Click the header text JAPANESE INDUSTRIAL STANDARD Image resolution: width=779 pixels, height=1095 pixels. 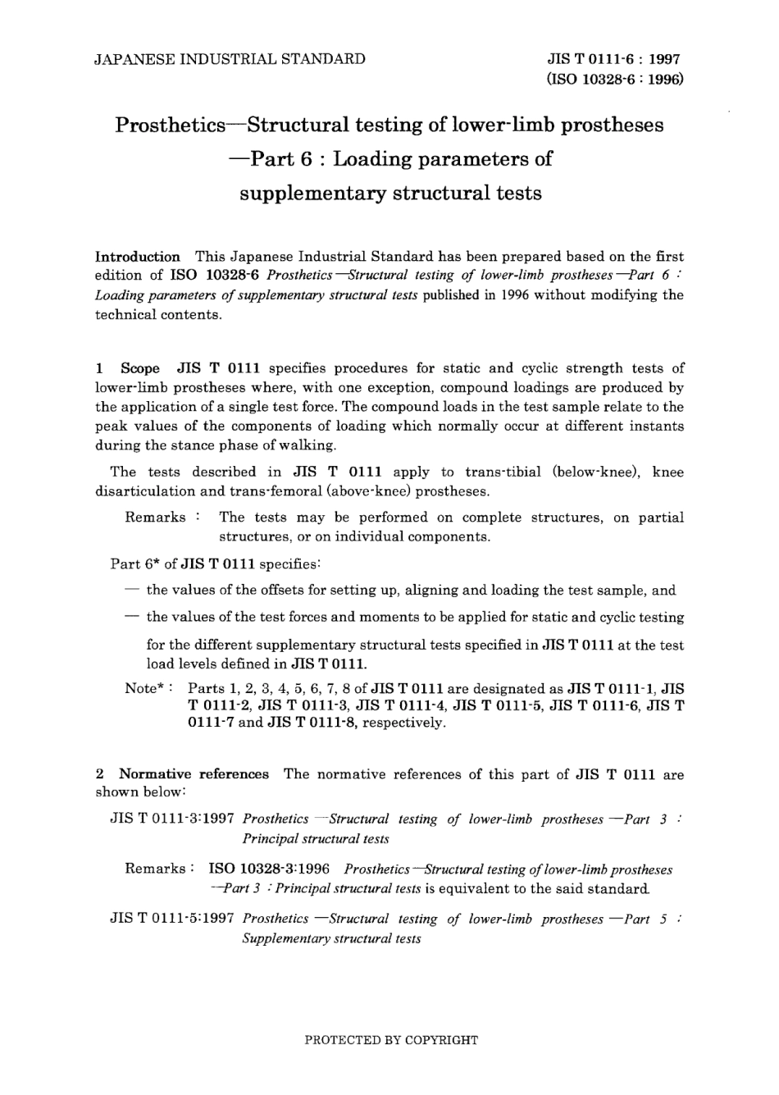230,59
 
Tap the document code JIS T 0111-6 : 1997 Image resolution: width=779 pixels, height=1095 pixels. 614,59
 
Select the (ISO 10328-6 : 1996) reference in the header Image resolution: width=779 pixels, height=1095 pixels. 614,79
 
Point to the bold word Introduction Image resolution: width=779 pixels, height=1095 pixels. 138,257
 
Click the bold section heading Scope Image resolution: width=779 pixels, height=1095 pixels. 140,368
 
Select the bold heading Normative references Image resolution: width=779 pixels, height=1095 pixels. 194,774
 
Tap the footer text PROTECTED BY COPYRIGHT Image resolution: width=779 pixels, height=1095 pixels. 390,1040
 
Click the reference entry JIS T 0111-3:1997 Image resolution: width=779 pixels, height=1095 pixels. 172,819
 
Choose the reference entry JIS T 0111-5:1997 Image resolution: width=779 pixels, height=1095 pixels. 172,919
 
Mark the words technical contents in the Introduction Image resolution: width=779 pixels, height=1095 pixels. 158,314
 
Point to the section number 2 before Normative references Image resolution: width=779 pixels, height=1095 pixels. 100,774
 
